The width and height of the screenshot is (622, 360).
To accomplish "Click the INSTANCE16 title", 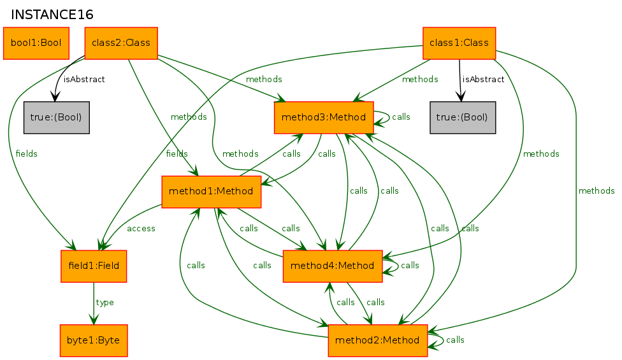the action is coord(52,15).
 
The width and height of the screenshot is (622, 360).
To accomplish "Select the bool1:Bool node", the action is coord(36,43).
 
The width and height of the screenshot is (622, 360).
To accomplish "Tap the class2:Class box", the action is coord(121,43).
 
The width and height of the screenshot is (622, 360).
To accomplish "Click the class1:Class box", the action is coord(459,43).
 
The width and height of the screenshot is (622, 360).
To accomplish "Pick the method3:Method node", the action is coord(324,117).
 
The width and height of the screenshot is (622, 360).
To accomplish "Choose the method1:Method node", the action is coord(211,192).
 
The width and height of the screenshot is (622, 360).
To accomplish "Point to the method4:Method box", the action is coord(333,266).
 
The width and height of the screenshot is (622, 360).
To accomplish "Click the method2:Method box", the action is coord(378,340).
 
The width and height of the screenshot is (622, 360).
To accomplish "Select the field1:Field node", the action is coord(94,266).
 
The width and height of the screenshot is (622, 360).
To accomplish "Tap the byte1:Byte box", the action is coord(94,340).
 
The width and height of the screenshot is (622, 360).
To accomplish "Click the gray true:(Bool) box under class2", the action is coord(56,117).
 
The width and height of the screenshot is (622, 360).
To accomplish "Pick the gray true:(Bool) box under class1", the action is coord(463,117).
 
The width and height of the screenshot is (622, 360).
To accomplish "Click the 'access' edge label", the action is coord(141,228).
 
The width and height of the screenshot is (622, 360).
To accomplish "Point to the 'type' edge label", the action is coord(105,303).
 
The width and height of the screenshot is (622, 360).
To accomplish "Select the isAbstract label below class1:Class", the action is coord(483,79).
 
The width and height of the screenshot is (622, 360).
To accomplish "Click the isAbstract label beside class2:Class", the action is coord(84,79).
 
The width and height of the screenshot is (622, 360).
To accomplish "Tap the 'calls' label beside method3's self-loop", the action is coord(401,117).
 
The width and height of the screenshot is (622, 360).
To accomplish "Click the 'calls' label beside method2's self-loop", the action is coord(455,340).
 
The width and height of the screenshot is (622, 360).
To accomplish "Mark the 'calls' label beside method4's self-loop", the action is coord(410,265).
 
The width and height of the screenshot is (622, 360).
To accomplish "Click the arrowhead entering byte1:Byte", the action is coord(94,320).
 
